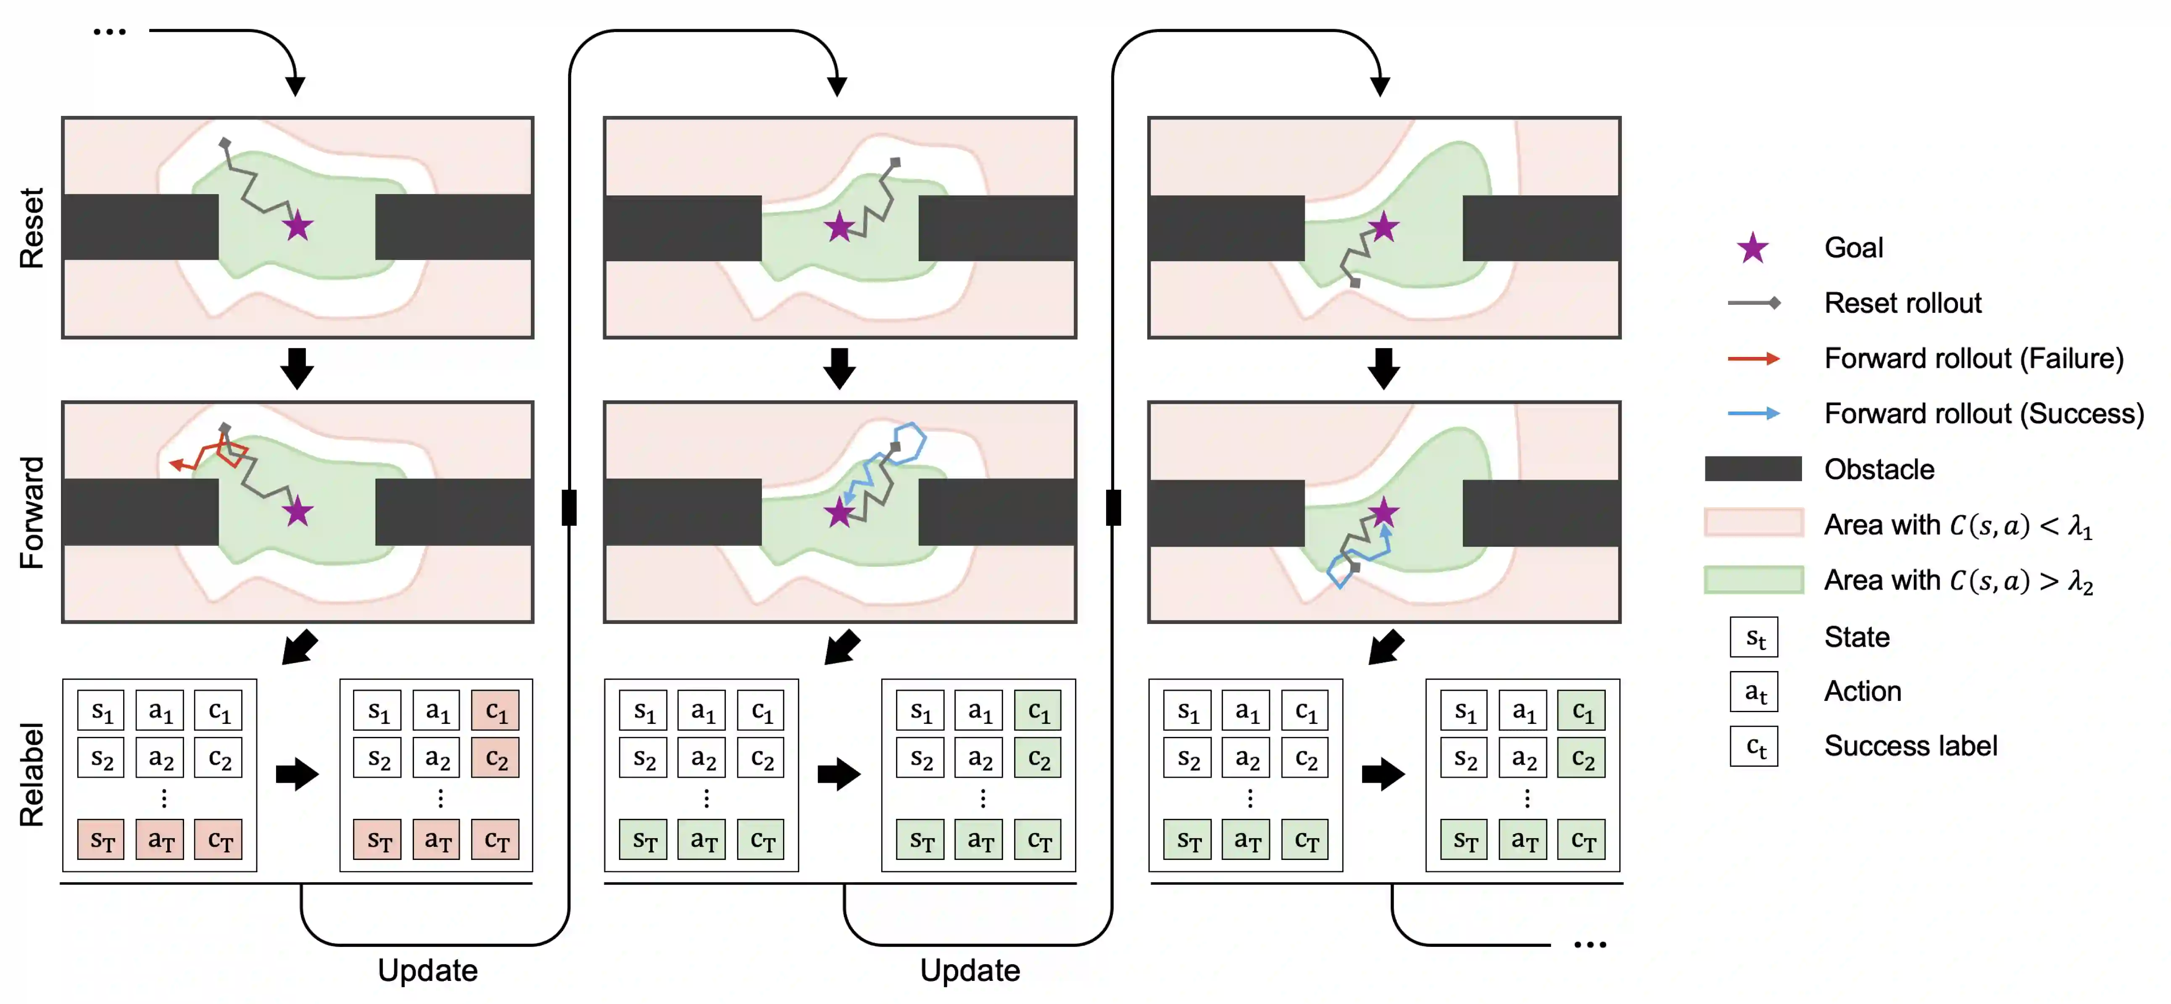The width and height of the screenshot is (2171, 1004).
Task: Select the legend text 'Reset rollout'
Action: coord(1902,303)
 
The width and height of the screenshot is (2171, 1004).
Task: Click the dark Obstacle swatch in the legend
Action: coord(1753,469)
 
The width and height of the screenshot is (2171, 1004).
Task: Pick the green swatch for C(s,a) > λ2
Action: coord(1753,580)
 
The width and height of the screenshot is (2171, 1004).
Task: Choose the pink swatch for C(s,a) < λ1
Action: coord(1753,523)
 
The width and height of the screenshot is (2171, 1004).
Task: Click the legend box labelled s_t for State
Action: coord(1754,637)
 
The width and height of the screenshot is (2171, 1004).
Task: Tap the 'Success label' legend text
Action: coord(1910,746)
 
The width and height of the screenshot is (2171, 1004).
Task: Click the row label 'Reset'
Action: coord(32,228)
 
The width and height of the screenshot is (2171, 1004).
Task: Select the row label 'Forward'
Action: coord(32,513)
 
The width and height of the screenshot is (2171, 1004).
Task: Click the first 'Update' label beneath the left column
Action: coord(427,970)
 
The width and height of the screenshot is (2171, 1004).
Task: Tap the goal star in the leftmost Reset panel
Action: coord(298,226)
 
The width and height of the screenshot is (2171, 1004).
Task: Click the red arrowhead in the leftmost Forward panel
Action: coord(177,464)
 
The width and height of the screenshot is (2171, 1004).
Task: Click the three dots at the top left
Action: coord(110,32)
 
